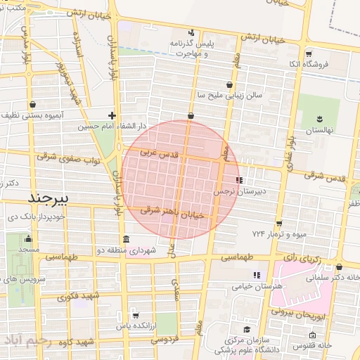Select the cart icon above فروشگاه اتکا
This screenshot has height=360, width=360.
point(308,53)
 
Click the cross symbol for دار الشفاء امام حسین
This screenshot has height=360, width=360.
point(112,115)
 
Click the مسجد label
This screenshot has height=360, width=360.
point(29,250)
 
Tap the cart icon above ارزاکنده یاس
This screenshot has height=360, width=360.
point(135,315)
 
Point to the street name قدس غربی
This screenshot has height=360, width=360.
point(160,152)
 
